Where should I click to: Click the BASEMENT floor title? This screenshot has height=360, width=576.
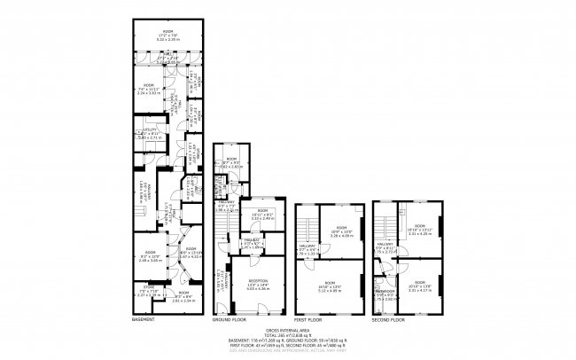144,319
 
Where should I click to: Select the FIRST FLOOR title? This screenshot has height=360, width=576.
307,319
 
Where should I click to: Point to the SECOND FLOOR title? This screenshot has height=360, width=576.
387,319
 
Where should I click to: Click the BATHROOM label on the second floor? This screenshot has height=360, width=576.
385,292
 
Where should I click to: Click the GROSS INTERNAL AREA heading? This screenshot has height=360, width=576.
288,328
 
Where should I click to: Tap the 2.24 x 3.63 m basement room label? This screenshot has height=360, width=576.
144,90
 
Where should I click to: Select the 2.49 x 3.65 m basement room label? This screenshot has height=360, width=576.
145,258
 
